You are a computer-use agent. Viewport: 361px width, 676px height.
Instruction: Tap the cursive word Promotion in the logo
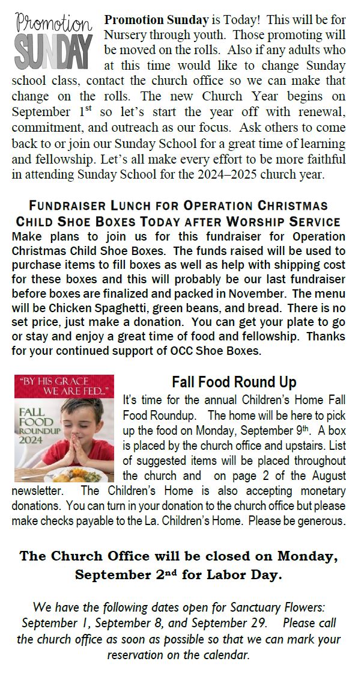pos(54,25)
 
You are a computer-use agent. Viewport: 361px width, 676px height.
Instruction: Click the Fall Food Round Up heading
pos(234,383)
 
